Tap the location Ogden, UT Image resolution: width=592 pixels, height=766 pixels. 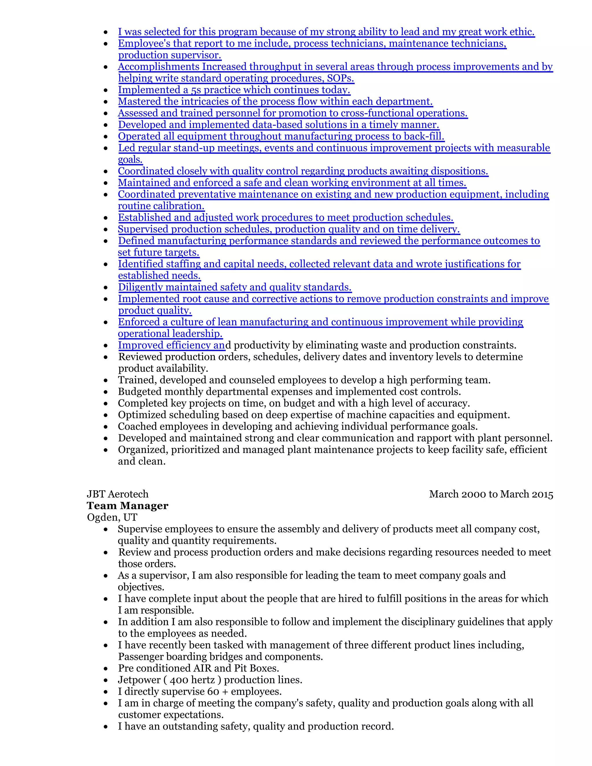(112, 517)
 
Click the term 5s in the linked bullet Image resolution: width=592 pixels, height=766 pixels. (196, 90)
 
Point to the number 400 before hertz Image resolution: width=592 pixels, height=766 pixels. (180, 680)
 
